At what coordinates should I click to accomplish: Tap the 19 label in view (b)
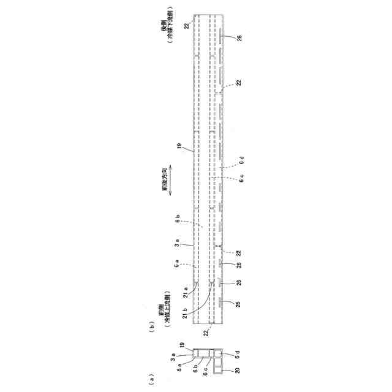[x=179, y=146]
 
